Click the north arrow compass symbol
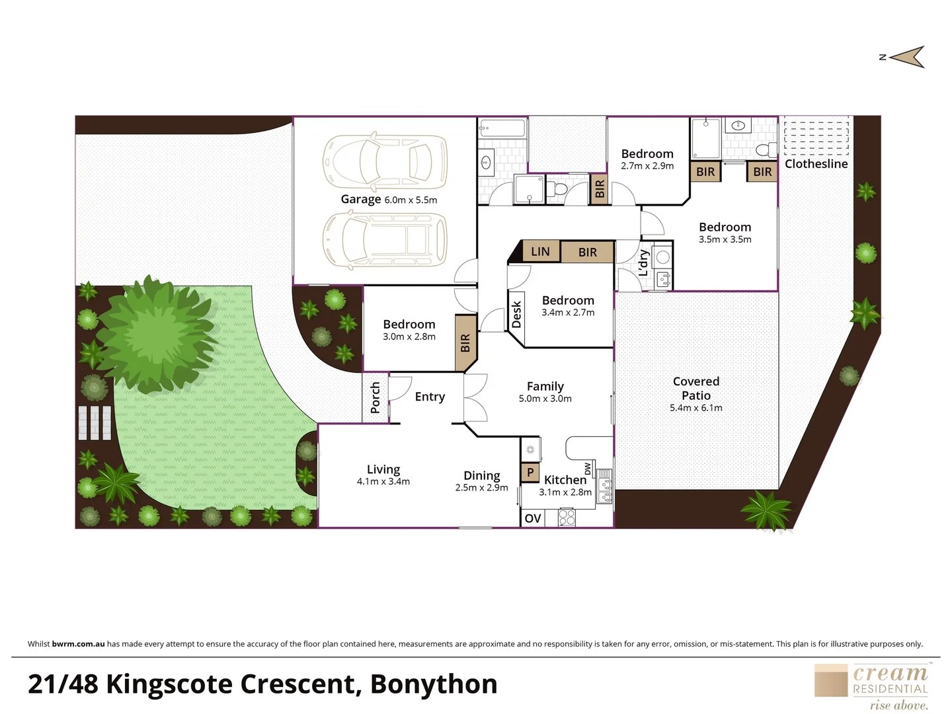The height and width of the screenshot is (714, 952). click(x=906, y=57)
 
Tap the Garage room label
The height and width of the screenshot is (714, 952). click(x=361, y=199)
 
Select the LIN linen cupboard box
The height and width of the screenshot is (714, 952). click(x=540, y=251)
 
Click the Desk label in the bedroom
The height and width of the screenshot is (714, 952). click(x=517, y=314)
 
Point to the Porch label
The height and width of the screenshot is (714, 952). click(x=376, y=397)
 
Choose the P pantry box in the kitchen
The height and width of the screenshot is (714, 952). click(x=530, y=473)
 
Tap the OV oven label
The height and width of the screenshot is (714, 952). click(x=533, y=518)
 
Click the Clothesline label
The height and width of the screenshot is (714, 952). click(x=816, y=164)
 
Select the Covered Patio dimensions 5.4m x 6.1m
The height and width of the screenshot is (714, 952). click(x=695, y=408)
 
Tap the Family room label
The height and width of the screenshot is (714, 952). click(x=545, y=386)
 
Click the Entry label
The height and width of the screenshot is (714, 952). click(x=430, y=397)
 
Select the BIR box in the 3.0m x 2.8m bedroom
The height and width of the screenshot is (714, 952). click(x=465, y=343)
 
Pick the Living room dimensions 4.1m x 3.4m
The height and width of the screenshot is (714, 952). click(x=383, y=482)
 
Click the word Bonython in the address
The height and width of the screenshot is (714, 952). click(x=434, y=684)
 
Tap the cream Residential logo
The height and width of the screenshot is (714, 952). click(x=871, y=687)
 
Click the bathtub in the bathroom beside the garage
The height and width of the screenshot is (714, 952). click(x=502, y=128)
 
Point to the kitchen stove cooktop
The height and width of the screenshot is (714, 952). click(x=567, y=517)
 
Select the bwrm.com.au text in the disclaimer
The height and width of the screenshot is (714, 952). click(x=78, y=644)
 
